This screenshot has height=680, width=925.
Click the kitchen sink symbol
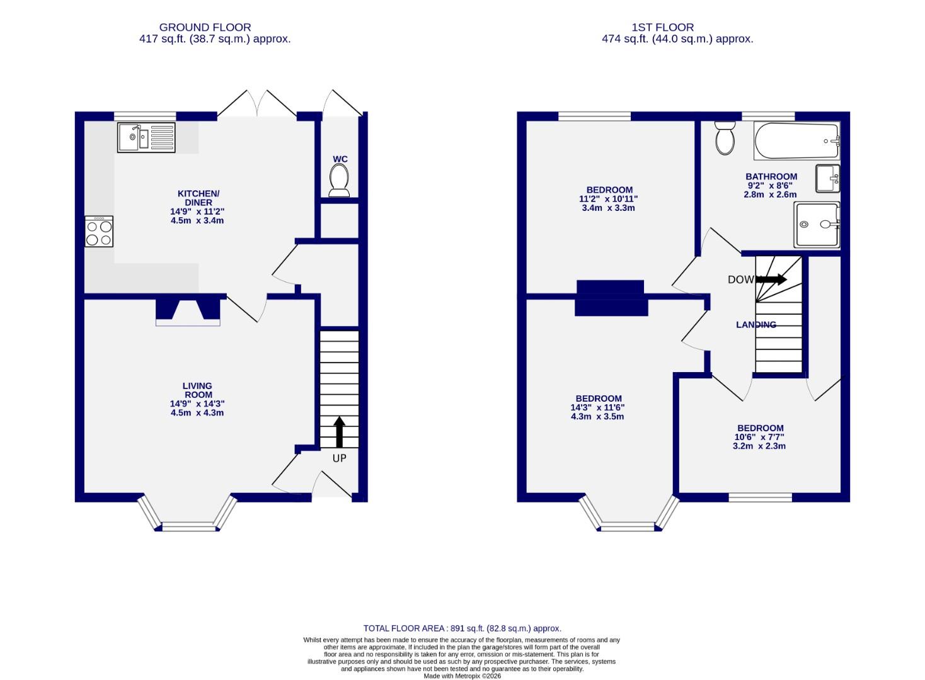pos(146,137)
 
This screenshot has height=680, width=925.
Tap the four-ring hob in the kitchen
pos(100,232)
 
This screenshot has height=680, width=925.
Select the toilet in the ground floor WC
pos(340,181)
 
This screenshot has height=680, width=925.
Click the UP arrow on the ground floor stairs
pos(339,432)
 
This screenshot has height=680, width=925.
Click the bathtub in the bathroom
pos(797,142)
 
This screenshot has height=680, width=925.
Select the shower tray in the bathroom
pos(817,224)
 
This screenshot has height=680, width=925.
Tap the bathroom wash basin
pos(827,178)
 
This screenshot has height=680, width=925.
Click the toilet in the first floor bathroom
pos(725,138)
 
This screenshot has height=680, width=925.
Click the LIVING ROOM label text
pos(197,390)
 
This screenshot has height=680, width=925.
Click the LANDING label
pos(756,325)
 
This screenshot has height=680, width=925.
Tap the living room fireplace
pos(188,310)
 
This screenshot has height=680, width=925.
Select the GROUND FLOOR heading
pos(205,27)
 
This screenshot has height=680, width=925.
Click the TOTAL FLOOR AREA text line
pos(462,628)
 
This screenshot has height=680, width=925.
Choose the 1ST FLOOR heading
pos(662,27)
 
